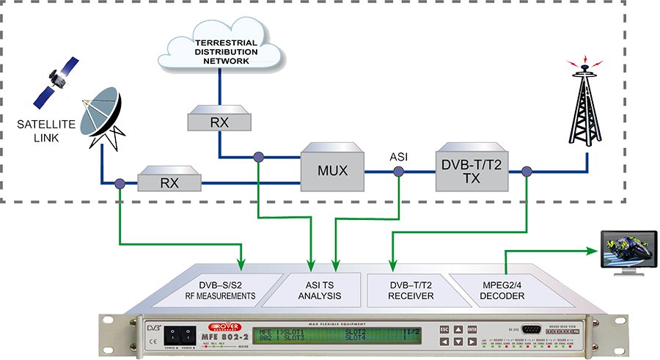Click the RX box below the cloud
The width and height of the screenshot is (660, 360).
(x=219, y=119)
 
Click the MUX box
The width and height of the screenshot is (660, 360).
(x=333, y=172)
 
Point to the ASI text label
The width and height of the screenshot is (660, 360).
(x=398, y=155)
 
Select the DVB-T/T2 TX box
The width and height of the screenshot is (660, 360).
(x=469, y=169)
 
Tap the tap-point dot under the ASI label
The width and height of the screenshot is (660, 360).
(x=398, y=172)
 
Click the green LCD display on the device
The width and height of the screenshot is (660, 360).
(x=337, y=335)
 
